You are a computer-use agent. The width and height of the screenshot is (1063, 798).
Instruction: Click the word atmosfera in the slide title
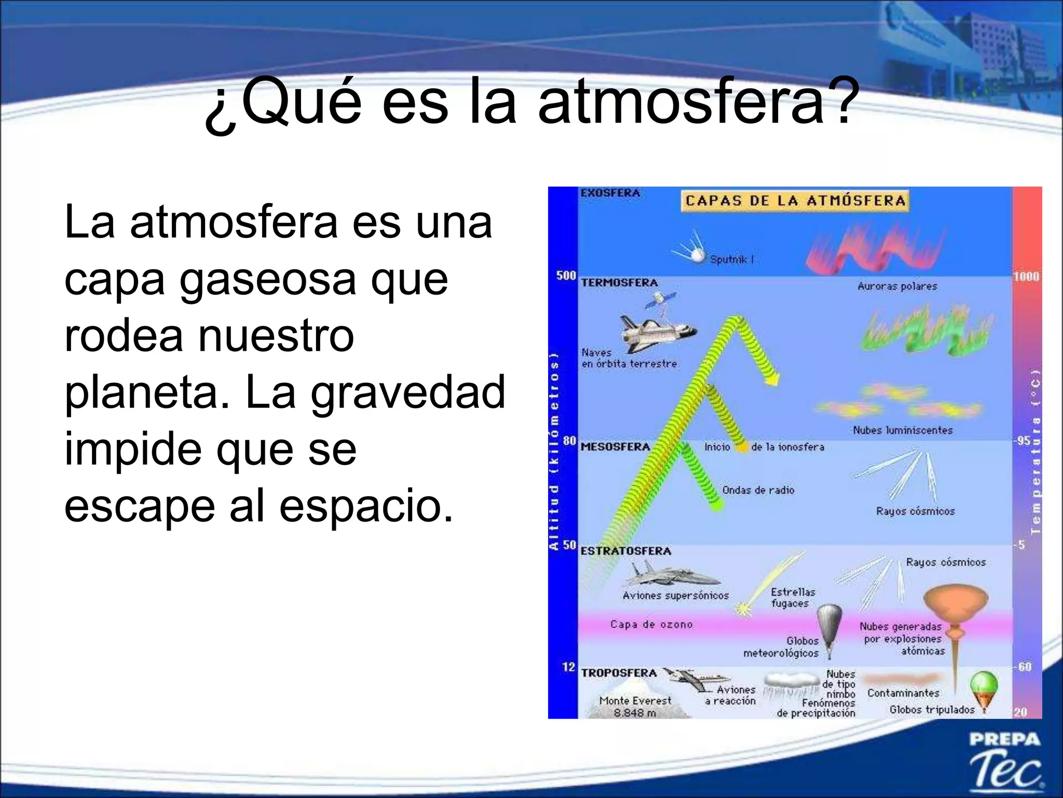coord(681,101)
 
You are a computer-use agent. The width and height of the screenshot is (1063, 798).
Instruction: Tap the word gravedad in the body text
coord(407,392)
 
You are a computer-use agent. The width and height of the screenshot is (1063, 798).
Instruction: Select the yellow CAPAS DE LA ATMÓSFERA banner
coord(795,201)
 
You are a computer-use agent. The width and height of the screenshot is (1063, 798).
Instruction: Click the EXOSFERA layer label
coord(610,193)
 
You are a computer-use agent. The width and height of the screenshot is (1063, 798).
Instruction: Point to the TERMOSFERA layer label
coord(619,283)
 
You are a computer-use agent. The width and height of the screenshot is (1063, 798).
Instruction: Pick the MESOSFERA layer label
coord(615,447)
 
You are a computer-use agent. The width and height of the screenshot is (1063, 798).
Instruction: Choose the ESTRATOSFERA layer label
coord(625,551)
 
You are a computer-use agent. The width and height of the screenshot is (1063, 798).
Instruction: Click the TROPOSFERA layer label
coord(619,673)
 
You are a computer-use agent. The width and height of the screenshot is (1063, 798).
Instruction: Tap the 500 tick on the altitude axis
coord(566,275)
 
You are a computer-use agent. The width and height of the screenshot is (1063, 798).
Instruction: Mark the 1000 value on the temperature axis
coord(1026,276)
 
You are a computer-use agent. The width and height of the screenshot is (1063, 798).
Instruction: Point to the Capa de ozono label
coord(651,624)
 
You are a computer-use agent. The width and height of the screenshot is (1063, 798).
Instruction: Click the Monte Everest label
coord(635,701)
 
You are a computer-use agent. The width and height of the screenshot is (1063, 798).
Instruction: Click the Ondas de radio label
coord(758,490)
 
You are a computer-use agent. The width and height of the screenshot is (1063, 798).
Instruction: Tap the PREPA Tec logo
coord(1005,762)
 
